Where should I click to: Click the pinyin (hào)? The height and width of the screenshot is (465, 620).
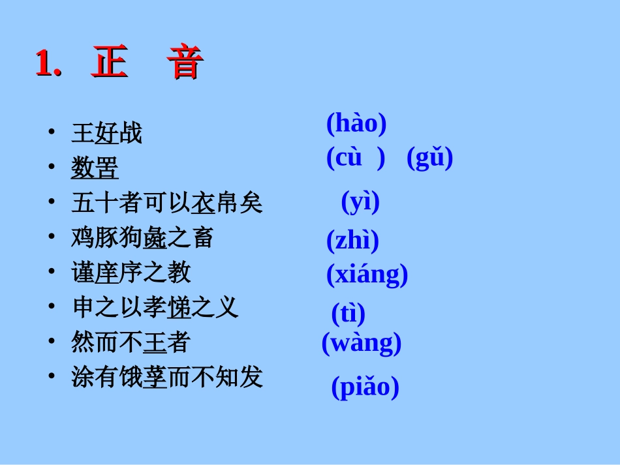[356, 123]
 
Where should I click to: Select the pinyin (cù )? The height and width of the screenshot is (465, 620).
[356, 158]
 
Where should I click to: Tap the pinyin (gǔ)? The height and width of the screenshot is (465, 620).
[429, 158]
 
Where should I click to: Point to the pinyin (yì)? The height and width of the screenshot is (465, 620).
[360, 202]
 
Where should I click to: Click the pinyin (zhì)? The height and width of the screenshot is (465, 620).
[352, 241]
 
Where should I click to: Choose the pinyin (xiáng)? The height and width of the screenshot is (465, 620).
[367, 275]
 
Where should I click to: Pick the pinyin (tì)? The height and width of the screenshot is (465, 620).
[348, 314]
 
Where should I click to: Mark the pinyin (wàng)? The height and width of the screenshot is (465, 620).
[362, 343]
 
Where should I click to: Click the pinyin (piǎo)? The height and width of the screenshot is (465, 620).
[365, 387]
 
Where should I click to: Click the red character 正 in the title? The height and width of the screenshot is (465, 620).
[110, 64]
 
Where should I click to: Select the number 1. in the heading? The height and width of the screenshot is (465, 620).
[48, 64]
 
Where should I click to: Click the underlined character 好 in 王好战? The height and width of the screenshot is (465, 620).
[107, 134]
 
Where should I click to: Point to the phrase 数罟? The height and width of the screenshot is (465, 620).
[95, 168]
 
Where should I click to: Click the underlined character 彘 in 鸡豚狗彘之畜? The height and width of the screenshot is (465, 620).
[155, 238]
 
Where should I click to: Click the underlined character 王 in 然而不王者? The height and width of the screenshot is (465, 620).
[155, 342]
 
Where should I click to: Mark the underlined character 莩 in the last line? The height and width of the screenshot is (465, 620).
[155, 377]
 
